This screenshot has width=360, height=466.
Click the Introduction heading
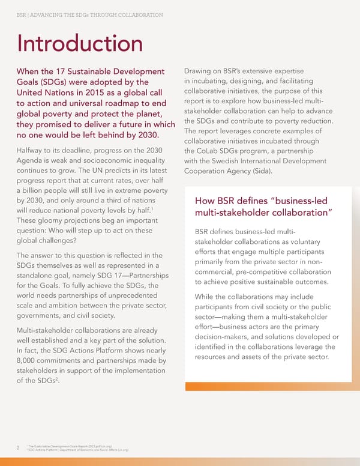click(x=80, y=43)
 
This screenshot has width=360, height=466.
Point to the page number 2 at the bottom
click(x=18, y=446)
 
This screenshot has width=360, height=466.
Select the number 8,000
click(x=31, y=360)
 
